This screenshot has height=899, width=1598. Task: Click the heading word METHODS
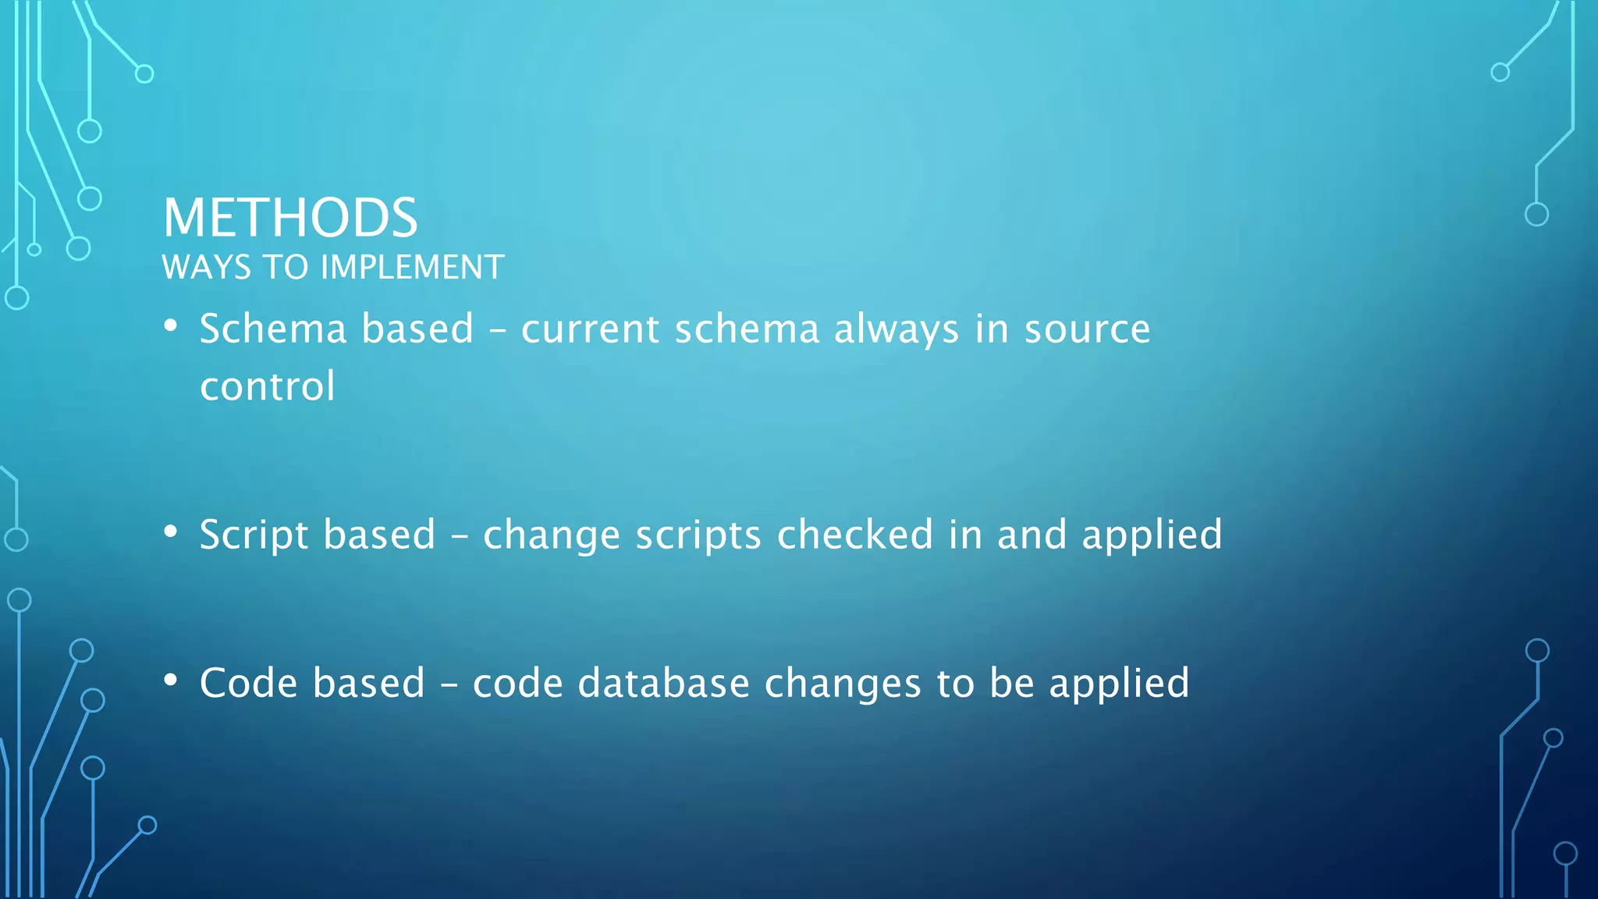click(290, 218)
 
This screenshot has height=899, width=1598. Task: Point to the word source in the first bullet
click(1087, 329)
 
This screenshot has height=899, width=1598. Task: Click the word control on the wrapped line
click(268, 386)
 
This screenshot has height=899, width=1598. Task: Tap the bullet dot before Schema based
click(171, 326)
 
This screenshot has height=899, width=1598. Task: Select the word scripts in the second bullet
click(698, 536)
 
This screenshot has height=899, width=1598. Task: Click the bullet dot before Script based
click(171, 532)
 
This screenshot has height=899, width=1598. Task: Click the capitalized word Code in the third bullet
click(248, 684)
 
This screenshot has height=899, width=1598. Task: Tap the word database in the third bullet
click(663, 684)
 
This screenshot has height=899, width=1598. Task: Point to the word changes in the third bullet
click(843, 684)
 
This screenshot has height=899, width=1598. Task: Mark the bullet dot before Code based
click(171, 680)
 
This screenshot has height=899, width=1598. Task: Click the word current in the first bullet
click(591, 329)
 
